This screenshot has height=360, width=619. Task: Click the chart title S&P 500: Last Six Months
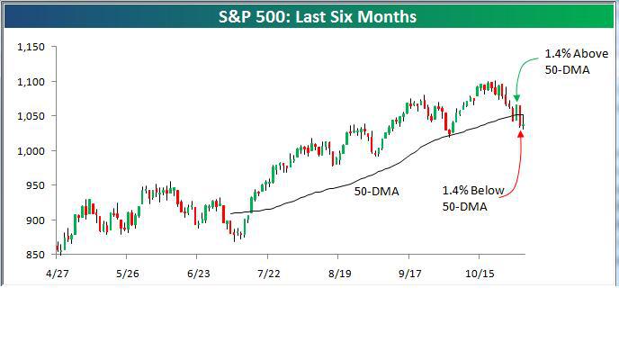[x=309, y=17]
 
